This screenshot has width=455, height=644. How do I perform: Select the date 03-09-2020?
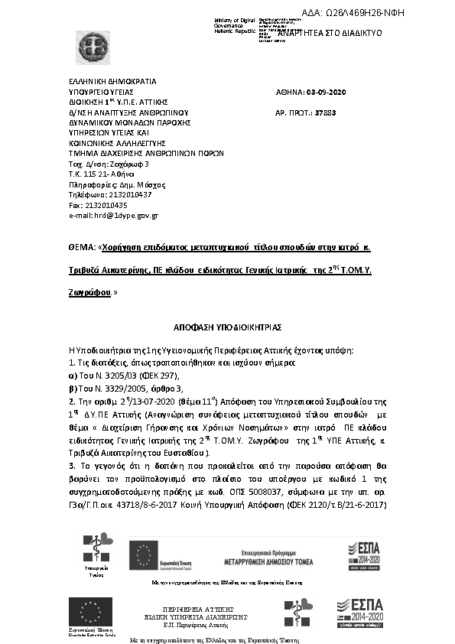326,92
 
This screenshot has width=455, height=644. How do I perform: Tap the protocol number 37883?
325,112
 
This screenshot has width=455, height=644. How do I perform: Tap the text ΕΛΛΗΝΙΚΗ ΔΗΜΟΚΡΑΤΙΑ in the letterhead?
112,80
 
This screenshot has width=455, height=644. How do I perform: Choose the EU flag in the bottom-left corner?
91,613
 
